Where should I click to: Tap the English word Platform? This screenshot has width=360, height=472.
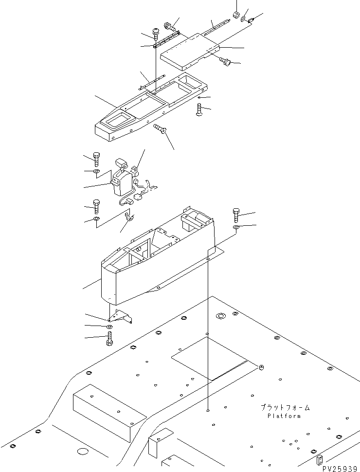[284, 416]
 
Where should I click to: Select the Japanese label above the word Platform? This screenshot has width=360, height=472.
[285, 408]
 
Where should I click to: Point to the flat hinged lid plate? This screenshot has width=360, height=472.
[190, 49]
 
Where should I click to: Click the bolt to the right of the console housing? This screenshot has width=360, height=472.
[236, 215]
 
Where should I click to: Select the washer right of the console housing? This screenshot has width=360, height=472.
[236, 227]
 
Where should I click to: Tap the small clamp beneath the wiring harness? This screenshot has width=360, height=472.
[129, 216]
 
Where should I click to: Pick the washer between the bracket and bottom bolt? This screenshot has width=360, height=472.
[109, 326]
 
